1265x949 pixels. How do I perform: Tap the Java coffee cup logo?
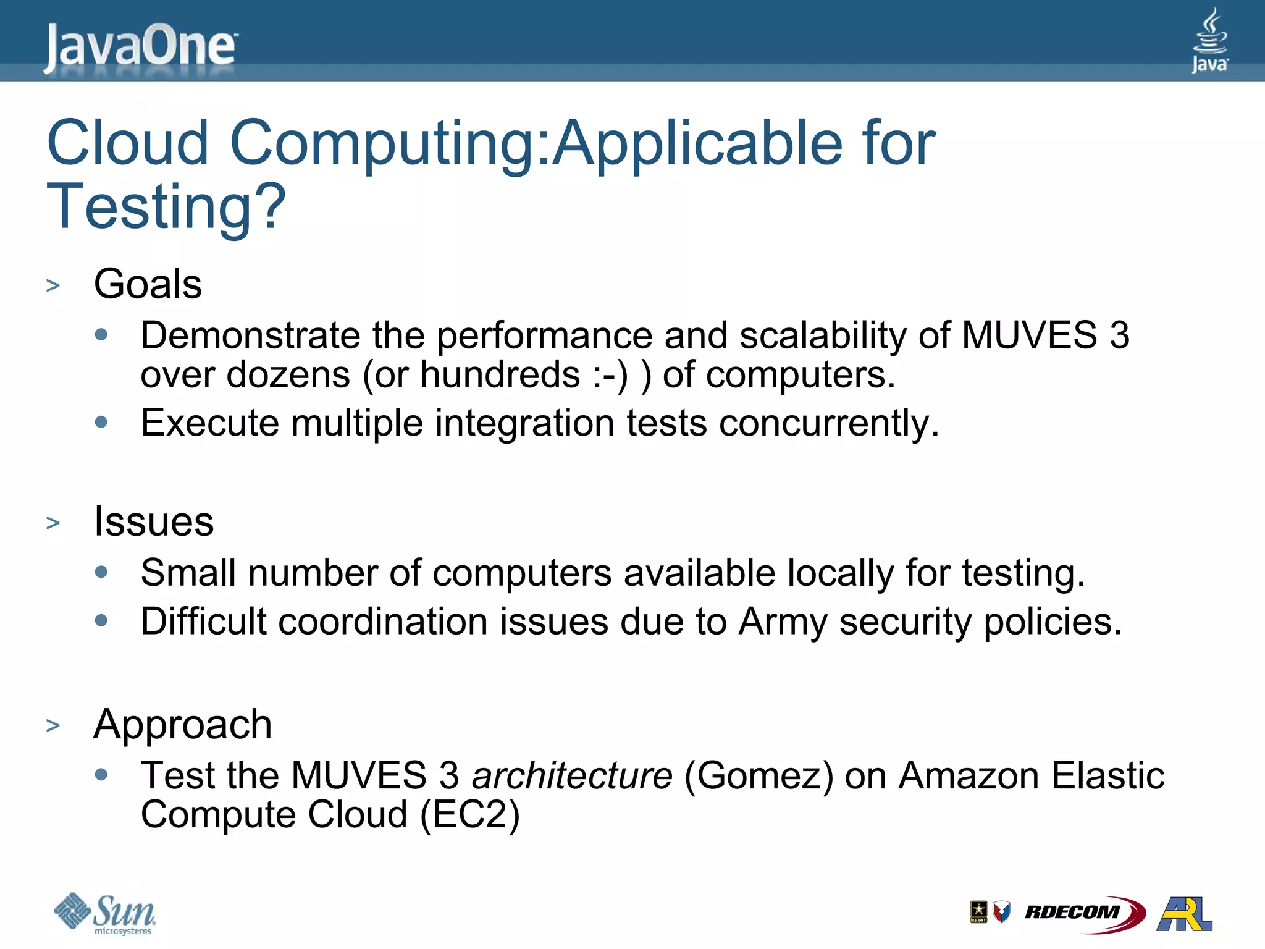[x=1209, y=41]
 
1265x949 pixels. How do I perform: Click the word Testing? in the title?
[x=166, y=206]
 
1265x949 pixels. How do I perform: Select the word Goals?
[x=148, y=284]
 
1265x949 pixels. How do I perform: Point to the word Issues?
[x=154, y=521]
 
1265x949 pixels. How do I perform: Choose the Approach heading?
[x=183, y=724]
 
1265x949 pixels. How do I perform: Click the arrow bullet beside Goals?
[x=53, y=286]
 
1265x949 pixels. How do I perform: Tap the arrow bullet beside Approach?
[x=53, y=726]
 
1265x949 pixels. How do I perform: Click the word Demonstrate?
[x=250, y=335]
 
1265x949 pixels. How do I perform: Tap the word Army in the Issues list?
[x=783, y=622]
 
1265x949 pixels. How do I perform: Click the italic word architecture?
[x=572, y=775]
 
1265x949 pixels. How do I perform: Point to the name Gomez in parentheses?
[x=759, y=775]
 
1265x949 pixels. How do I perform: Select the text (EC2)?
[x=469, y=814]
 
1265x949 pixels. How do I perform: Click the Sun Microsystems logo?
[x=106, y=913]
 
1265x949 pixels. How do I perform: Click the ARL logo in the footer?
[x=1185, y=913]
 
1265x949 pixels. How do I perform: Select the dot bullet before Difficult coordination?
[x=101, y=620]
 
